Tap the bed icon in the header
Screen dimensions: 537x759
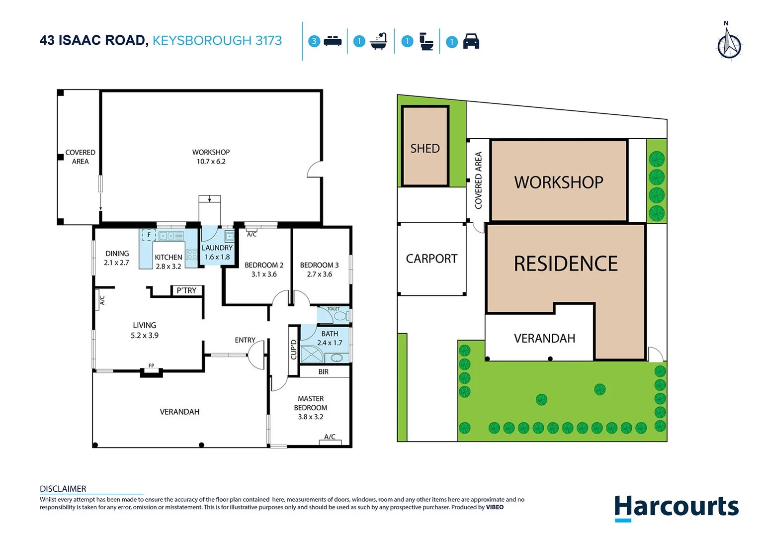point(333,41)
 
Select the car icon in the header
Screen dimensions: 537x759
point(471,41)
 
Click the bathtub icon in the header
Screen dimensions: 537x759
point(379,41)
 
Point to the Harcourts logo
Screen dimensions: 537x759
point(676,507)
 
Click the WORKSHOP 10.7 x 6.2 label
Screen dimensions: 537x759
point(211,157)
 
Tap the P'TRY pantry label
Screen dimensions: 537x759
point(186,290)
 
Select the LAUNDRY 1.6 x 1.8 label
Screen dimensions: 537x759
point(217,252)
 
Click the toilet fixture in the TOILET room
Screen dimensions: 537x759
point(341,316)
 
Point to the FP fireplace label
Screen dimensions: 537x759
point(151,365)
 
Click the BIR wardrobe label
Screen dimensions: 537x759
point(323,371)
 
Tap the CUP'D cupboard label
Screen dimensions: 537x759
point(293,350)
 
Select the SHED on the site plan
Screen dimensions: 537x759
point(425,148)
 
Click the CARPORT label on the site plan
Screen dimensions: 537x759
point(431,259)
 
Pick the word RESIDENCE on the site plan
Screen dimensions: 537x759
point(566,264)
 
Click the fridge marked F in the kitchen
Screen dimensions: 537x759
point(149,235)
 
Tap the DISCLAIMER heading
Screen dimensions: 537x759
point(63,489)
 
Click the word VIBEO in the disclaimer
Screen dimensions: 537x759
point(495,507)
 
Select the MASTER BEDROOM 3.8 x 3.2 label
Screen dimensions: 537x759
point(311,408)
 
